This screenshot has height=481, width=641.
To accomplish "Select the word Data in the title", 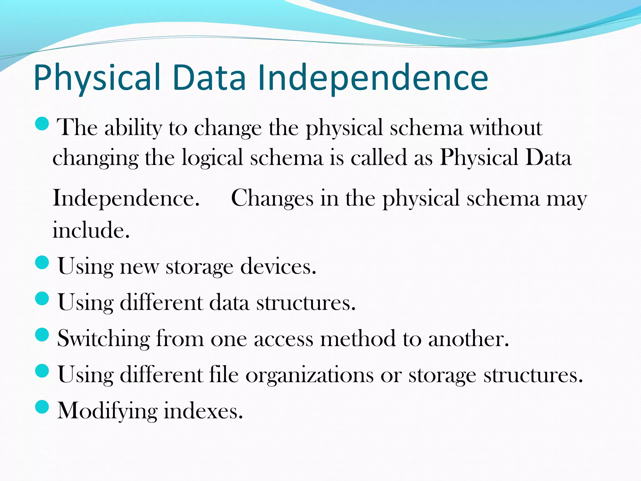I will [x=209, y=78].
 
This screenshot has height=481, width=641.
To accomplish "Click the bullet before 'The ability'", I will [x=42, y=124].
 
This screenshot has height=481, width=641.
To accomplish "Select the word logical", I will [x=212, y=158].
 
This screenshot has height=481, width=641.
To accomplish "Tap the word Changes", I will [x=272, y=198].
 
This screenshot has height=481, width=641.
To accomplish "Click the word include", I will [x=91, y=230].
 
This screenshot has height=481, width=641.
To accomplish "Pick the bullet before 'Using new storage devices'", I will [x=42, y=262].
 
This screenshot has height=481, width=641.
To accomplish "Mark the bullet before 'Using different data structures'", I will [x=42, y=298].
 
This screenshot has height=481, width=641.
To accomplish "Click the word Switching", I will [x=104, y=339].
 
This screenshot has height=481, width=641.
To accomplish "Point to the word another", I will [x=468, y=339].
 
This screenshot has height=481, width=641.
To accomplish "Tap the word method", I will [x=358, y=339].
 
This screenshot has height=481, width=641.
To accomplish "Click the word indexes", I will [x=203, y=411].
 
